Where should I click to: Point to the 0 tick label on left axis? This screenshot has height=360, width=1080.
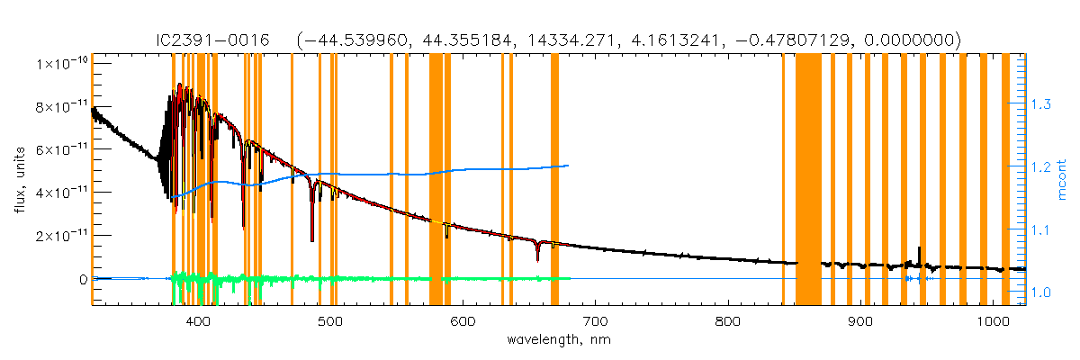tap(82, 279)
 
